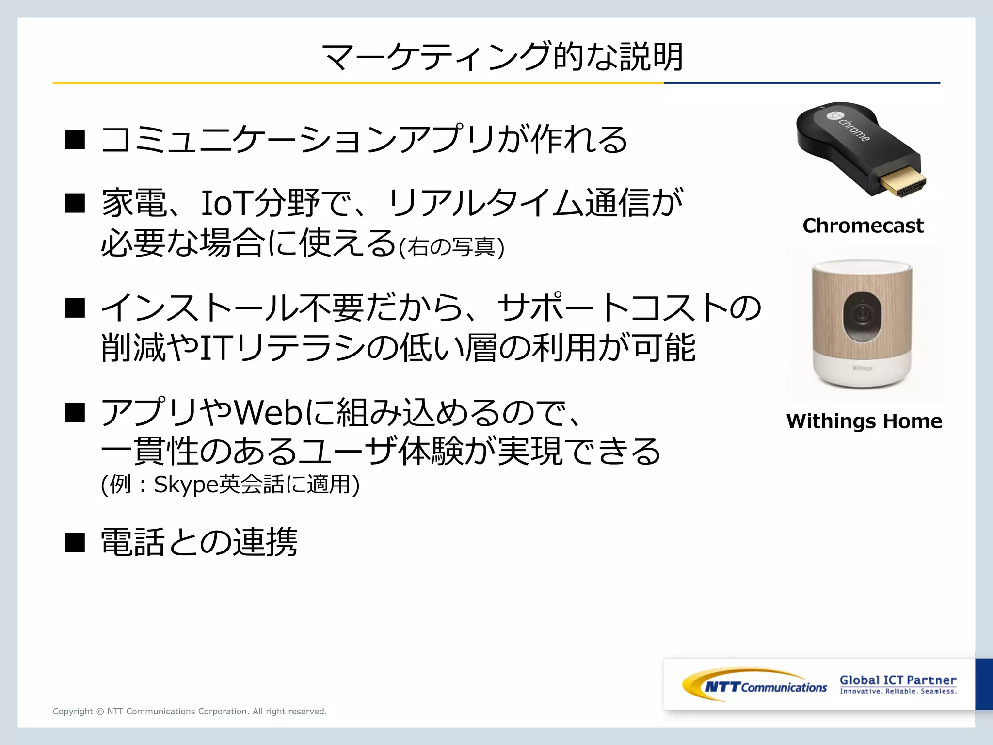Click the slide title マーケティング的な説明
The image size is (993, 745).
(x=502, y=57)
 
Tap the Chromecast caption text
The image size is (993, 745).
(x=863, y=226)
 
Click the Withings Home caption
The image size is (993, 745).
(x=864, y=421)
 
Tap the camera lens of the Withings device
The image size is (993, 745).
(x=862, y=315)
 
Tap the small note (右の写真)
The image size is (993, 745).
(x=451, y=247)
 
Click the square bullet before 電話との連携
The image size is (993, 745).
(x=75, y=542)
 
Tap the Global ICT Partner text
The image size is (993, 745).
(x=898, y=680)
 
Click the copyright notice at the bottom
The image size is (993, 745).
(x=190, y=711)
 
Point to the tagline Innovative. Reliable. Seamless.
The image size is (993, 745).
(x=898, y=691)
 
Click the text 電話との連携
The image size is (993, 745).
(x=199, y=542)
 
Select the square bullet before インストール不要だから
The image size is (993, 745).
(x=75, y=308)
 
